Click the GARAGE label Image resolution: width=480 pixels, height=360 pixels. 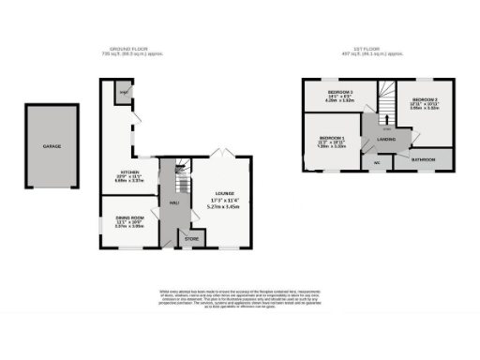53,146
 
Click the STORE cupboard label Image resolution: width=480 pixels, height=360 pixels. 191,239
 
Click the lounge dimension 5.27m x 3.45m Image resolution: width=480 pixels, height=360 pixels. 224,206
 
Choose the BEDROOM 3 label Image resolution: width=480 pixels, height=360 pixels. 425,99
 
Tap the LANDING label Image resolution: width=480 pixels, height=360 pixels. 385,141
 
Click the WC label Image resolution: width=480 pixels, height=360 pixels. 377,161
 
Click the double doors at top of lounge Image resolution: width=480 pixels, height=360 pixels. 221,152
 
